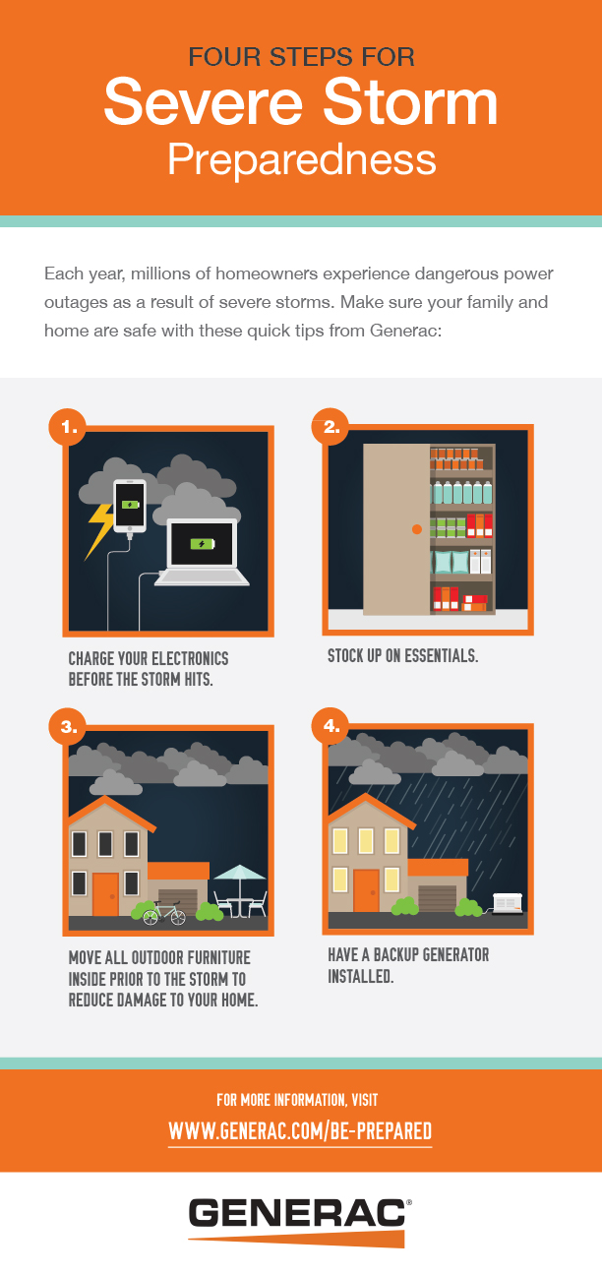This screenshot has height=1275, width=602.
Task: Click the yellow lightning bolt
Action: [101, 529]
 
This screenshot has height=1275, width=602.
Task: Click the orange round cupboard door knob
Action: [416, 530]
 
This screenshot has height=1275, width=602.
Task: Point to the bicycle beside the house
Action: [164, 915]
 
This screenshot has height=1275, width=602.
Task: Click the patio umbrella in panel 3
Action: [239, 874]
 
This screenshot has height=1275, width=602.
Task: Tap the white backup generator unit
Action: [507, 902]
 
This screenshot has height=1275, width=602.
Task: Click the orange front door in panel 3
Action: [105, 894]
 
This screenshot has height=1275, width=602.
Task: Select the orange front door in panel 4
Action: [366, 890]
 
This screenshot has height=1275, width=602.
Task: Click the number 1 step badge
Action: [68, 427]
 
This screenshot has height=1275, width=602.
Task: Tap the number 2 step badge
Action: [331, 427]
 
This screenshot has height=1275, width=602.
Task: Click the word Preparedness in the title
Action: [301, 159]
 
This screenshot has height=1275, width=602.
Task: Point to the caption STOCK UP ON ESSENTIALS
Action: [403, 656]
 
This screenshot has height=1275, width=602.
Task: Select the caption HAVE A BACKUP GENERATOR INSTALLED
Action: [408, 966]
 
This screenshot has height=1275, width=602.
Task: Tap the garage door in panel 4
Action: [437, 898]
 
